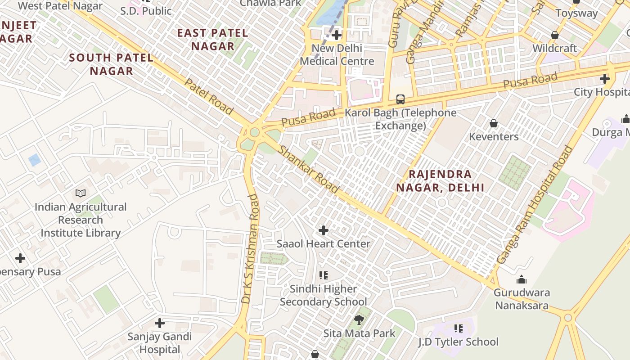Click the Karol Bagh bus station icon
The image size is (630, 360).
point(400,99)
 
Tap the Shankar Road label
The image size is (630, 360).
point(308,169)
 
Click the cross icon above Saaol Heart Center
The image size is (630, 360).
point(323,230)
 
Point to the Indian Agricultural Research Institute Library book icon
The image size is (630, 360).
point(81,193)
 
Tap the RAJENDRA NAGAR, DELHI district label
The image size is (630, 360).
point(440,181)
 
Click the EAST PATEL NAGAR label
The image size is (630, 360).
point(212,40)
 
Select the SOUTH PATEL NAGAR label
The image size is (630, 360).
point(111,64)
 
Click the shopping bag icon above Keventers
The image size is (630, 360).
point(494,123)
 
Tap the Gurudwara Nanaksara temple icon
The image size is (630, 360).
point(522,279)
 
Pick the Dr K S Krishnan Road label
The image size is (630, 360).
point(252,248)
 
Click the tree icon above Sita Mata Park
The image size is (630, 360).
point(359,320)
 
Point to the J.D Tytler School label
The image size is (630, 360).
point(458,342)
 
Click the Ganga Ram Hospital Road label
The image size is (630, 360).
point(535,205)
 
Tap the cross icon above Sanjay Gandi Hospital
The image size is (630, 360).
point(159,323)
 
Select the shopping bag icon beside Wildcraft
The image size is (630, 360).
point(555,35)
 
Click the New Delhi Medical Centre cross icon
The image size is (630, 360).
point(336,35)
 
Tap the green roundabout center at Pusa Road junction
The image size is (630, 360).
point(255,132)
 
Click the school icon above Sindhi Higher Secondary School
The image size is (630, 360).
point(323,275)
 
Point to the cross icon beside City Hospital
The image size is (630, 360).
point(604,79)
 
